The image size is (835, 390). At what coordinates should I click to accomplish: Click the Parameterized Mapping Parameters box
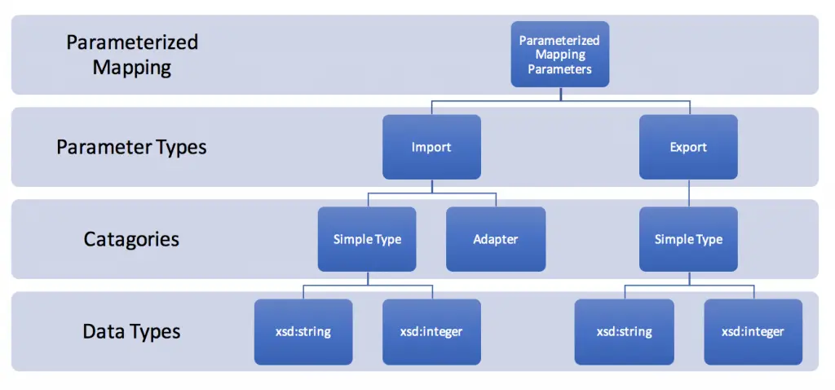(x=559, y=55)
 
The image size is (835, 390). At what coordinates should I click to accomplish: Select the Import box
(x=431, y=147)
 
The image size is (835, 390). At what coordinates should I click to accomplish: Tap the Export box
(x=688, y=147)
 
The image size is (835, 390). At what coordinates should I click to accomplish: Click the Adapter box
(x=496, y=239)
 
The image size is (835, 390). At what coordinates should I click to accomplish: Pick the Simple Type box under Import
(x=367, y=239)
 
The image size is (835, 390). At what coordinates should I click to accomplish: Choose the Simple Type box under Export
(x=688, y=239)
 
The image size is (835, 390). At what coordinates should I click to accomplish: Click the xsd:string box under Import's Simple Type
(x=303, y=332)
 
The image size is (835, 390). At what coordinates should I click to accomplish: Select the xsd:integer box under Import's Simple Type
(x=431, y=332)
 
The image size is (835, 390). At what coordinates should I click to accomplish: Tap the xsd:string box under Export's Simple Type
(x=624, y=332)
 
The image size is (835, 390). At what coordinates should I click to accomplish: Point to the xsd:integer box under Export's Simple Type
(x=753, y=332)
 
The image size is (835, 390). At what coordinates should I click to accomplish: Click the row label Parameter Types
(x=131, y=148)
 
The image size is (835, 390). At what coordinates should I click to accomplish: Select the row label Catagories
(x=131, y=239)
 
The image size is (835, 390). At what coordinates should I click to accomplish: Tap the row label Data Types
(x=131, y=332)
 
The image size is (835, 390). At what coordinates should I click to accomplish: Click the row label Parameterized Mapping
(x=132, y=55)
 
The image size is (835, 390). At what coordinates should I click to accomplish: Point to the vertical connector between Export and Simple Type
(x=689, y=193)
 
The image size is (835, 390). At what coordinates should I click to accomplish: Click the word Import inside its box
(x=431, y=147)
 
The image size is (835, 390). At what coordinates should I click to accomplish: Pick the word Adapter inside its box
(x=496, y=240)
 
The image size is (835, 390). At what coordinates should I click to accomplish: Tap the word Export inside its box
(x=688, y=147)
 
